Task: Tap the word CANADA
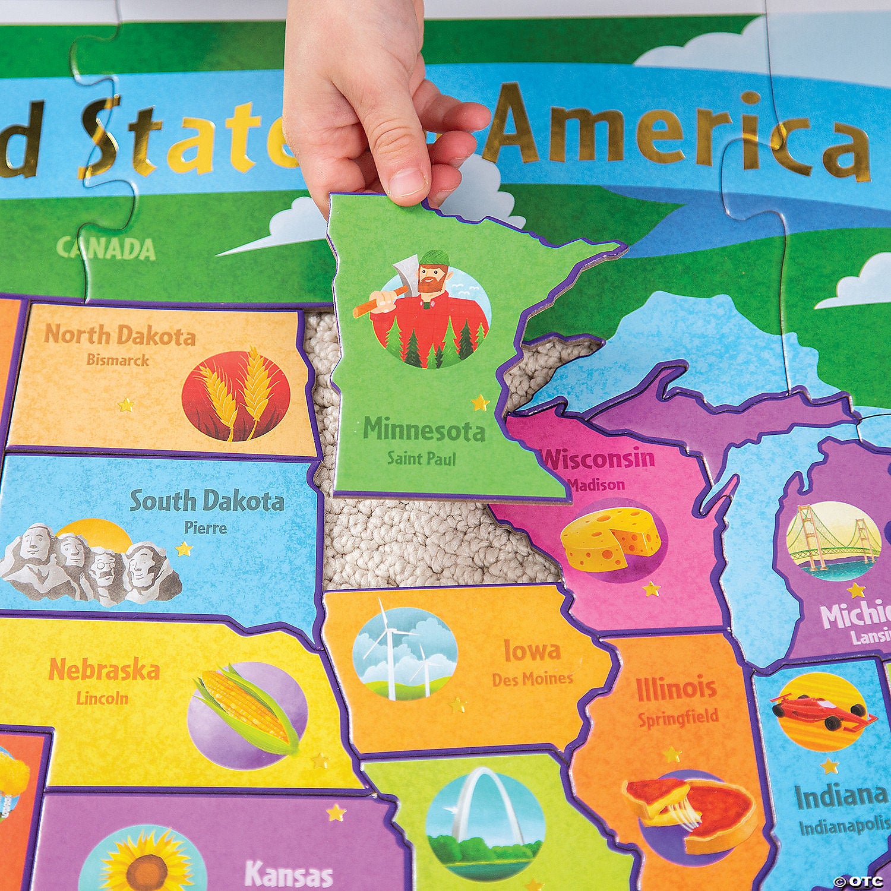pyautogui.click(x=106, y=249)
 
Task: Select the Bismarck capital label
pyautogui.click(x=118, y=360)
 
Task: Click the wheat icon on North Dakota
pyautogui.click(x=236, y=394)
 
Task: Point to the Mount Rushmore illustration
pyautogui.click(x=89, y=564)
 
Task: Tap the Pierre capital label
pyautogui.click(x=205, y=527)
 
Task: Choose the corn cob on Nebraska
pyautogui.click(x=247, y=710)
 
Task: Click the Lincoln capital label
pyautogui.click(x=102, y=697)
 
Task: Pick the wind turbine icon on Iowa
pyautogui.click(x=404, y=653)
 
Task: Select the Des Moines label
pyautogui.click(x=532, y=678)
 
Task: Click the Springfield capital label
pyautogui.click(x=678, y=718)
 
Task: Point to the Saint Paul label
pyautogui.click(x=421, y=458)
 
